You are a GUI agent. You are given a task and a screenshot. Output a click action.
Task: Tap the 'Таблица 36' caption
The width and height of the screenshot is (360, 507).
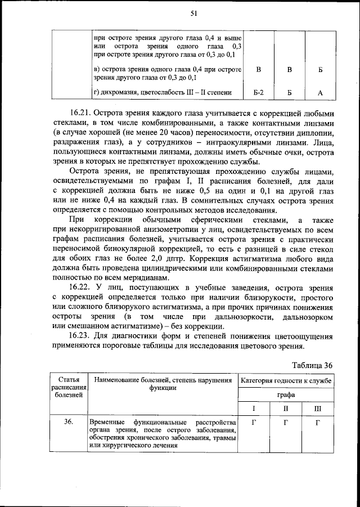(x=313, y=365)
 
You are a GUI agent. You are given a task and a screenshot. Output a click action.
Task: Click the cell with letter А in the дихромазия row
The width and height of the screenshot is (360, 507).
(x=319, y=92)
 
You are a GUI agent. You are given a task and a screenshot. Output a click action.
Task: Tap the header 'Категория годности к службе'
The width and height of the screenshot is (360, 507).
(x=286, y=381)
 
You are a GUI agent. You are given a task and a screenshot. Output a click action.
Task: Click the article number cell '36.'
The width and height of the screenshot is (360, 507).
(x=68, y=421)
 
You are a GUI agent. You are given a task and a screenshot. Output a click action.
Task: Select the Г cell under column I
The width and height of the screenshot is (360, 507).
(x=254, y=421)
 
